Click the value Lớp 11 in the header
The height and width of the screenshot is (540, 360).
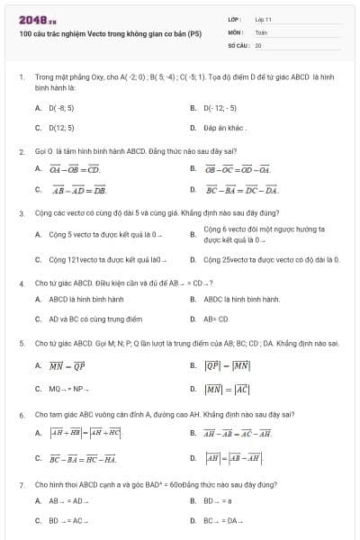pyautogui.click(x=263, y=19)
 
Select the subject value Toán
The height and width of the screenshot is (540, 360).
pyautogui.click(x=261, y=31)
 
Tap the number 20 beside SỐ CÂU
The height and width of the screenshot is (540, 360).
pyautogui.click(x=258, y=44)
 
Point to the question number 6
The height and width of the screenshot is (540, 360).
pyautogui.click(x=21, y=415)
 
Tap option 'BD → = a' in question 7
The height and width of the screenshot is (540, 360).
pyautogui.click(x=218, y=500)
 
